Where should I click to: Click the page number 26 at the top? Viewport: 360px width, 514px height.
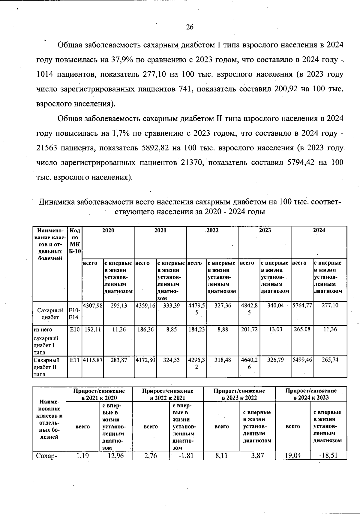tap(190, 27)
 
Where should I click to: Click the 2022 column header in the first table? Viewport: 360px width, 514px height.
tap(212, 230)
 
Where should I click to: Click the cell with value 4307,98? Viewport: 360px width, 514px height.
tap(93, 305)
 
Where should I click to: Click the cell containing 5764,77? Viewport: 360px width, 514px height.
tap(302, 305)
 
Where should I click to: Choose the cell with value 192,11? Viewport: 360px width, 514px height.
tap(93, 329)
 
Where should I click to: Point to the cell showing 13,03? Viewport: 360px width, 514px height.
tap(275, 329)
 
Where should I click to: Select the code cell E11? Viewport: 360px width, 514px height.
tap(74, 360)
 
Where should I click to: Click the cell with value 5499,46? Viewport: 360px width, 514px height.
tap(302, 360)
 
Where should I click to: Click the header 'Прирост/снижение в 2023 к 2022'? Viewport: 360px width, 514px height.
tap(239, 394)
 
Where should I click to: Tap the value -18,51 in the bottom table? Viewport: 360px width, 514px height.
tap(328, 455)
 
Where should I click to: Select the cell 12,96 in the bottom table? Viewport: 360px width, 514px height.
tap(115, 455)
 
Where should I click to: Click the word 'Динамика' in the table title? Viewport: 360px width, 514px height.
tap(56, 202)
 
